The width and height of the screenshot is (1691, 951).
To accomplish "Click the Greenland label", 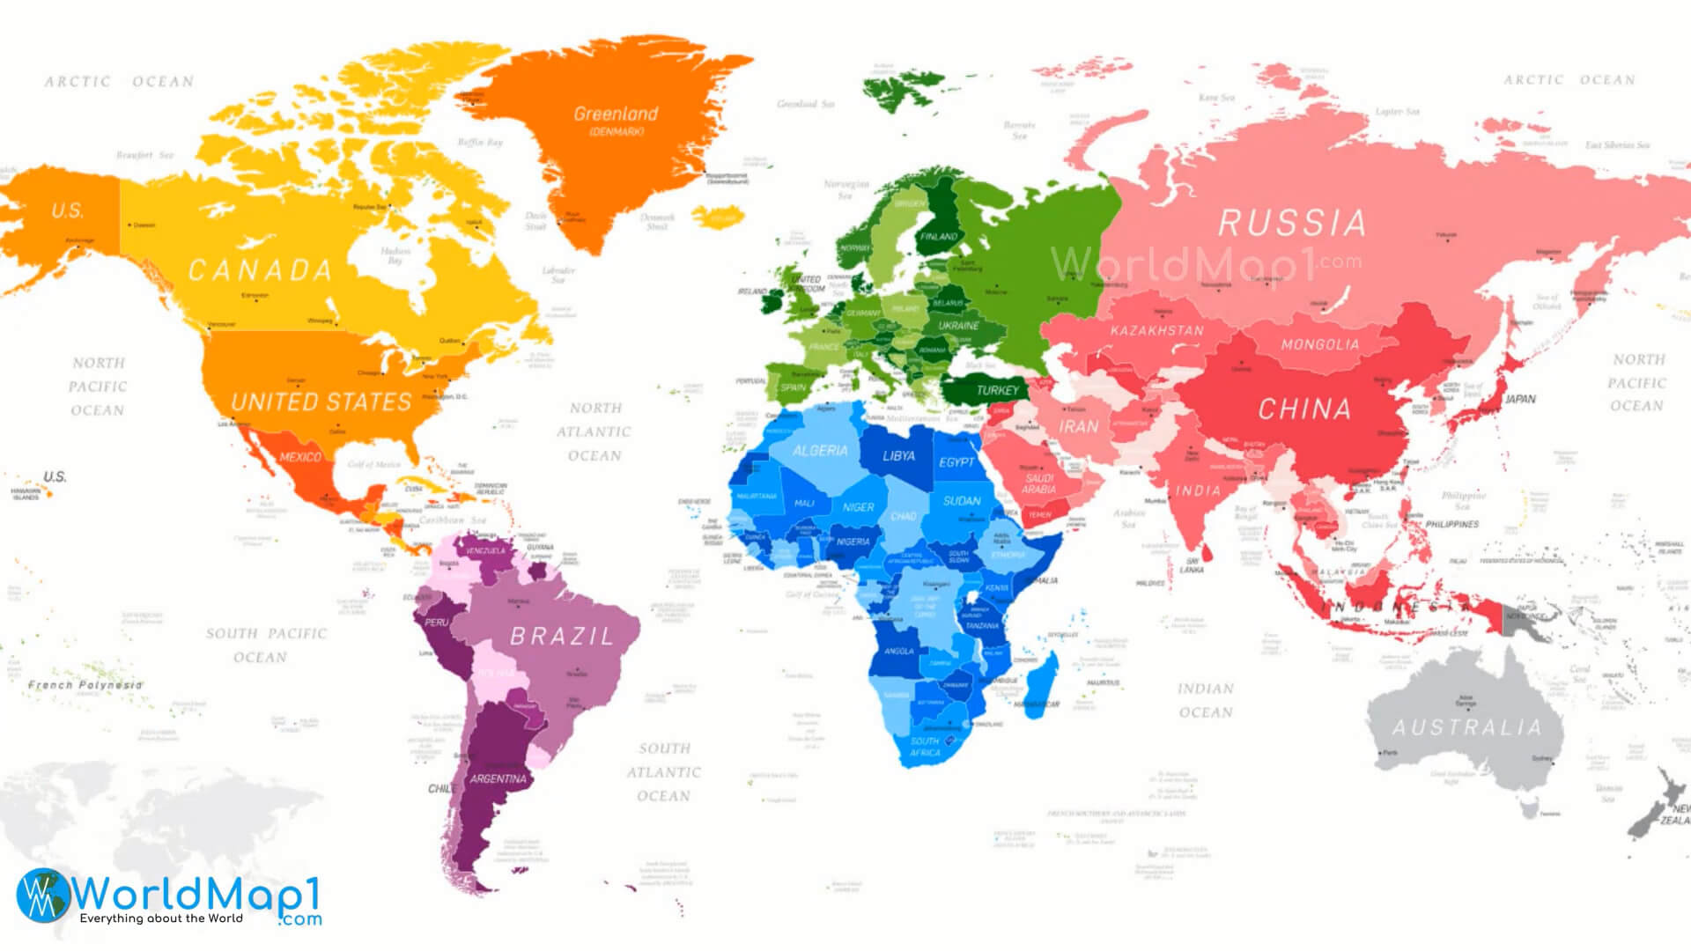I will [x=616, y=114].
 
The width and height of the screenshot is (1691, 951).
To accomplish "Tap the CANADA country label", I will [x=261, y=270].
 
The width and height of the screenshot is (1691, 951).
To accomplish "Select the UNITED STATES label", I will [x=321, y=402].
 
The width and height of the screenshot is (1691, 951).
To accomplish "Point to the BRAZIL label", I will [x=562, y=636].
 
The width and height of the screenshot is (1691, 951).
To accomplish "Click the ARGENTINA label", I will [x=498, y=778].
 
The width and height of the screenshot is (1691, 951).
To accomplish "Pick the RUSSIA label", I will [x=1292, y=224].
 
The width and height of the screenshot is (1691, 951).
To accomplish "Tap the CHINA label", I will [x=1304, y=409].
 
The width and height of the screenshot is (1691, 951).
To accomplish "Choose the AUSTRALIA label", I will [x=1467, y=727].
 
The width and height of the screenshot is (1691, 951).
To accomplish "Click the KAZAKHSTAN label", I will [x=1156, y=331].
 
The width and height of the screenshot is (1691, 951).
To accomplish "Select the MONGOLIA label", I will [x=1320, y=344].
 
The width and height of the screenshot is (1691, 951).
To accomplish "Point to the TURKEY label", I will [x=997, y=390].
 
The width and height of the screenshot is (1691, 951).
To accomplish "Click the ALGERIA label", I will [x=820, y=451].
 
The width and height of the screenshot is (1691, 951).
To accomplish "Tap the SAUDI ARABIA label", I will [x=1039, y=483].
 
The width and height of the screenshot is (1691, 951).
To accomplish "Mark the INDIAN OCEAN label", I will [x=1206, y=700].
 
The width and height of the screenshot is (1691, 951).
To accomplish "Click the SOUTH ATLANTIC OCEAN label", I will [x=664, y=772].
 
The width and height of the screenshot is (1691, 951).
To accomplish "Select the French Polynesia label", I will [x=85, y=684].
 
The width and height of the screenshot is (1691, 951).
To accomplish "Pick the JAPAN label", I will [x=1520, y=399].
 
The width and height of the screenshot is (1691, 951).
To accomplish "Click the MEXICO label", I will [x=300, y=457].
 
